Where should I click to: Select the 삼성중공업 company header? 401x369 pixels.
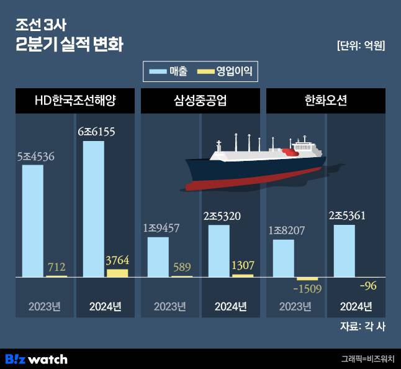200,101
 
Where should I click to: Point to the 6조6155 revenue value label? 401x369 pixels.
96,132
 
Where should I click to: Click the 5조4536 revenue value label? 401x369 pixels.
35,156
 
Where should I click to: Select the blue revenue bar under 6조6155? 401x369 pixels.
93,209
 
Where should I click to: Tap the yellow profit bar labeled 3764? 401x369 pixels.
117,273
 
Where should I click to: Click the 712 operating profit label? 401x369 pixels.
56,268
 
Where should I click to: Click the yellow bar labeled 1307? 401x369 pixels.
243,275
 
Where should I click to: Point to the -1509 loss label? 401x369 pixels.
307,288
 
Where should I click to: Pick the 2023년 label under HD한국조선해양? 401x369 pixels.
45,306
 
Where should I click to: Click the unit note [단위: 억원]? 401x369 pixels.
361,45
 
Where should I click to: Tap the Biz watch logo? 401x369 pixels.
37,359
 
